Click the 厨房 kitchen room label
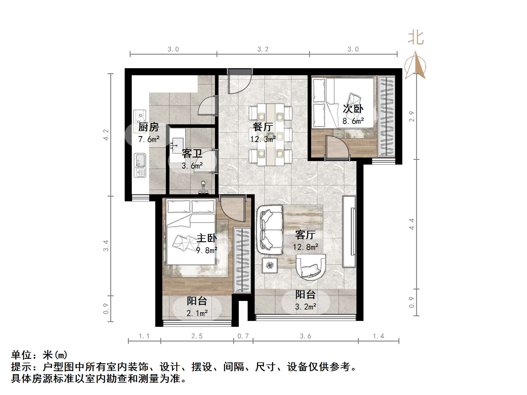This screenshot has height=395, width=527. (x=149, y=127)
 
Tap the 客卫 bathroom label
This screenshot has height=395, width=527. (x=192, y=154)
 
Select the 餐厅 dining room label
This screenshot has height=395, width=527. (x=263, y=127)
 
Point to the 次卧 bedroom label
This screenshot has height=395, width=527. (x=353, y=109)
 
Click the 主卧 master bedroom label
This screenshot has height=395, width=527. (x=206, y=238)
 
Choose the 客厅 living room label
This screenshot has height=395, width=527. (x=305, y=235)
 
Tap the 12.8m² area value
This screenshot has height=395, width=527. (x=305, y=247)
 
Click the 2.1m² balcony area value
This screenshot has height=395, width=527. (x=197, y=313)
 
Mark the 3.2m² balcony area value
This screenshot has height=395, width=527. (x=306, y=307)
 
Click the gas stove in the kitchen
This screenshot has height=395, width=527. (x=140, y=117)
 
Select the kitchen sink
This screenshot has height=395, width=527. (x=140, y=165)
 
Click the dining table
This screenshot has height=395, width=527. (x=271, y=134)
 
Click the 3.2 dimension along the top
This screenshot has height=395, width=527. (x=263, y=49)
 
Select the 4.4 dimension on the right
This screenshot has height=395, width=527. (x=412, y=224)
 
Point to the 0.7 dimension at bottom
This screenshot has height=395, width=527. (x=243, y=336)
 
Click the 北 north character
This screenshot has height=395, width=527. (x=416, y=38)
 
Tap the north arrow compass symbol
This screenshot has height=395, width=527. (x=415, y=66)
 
